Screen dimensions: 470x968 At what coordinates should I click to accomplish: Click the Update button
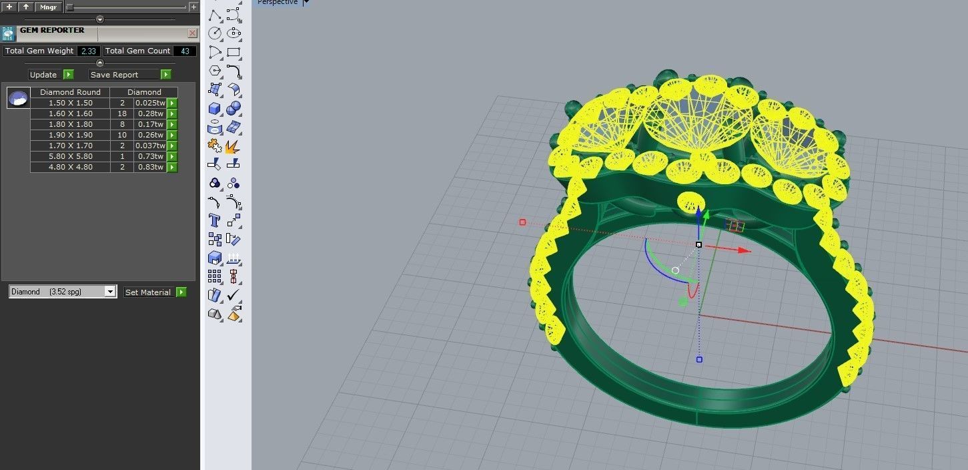point(44,75)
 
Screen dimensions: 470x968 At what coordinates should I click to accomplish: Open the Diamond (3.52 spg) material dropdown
point(110,292)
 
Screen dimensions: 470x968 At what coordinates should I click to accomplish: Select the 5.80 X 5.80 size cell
point(70,156)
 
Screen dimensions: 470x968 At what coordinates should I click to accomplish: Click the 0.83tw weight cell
point(149,167)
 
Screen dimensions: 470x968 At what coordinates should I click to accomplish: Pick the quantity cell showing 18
point(122,113)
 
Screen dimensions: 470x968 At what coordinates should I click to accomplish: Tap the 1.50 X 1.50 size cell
point(70,103)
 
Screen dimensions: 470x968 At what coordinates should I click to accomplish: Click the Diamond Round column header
point(70,92)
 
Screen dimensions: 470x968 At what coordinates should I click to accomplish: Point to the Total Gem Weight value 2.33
point(89,51)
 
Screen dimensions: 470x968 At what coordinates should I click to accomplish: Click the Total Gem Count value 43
point(185,51)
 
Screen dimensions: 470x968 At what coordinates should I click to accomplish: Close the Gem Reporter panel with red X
point(192,33)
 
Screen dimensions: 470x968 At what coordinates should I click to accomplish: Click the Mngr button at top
point(48,7)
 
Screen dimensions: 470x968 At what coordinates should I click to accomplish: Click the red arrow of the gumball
point(744,251)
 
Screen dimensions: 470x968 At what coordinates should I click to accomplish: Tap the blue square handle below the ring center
point(699,360)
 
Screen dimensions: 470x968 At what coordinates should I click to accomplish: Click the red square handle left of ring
point(522,222)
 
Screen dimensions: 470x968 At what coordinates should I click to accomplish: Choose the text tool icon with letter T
point(214,220)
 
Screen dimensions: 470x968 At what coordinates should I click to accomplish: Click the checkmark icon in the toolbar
point(233,294)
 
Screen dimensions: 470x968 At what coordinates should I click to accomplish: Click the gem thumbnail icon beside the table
point(18,98)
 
